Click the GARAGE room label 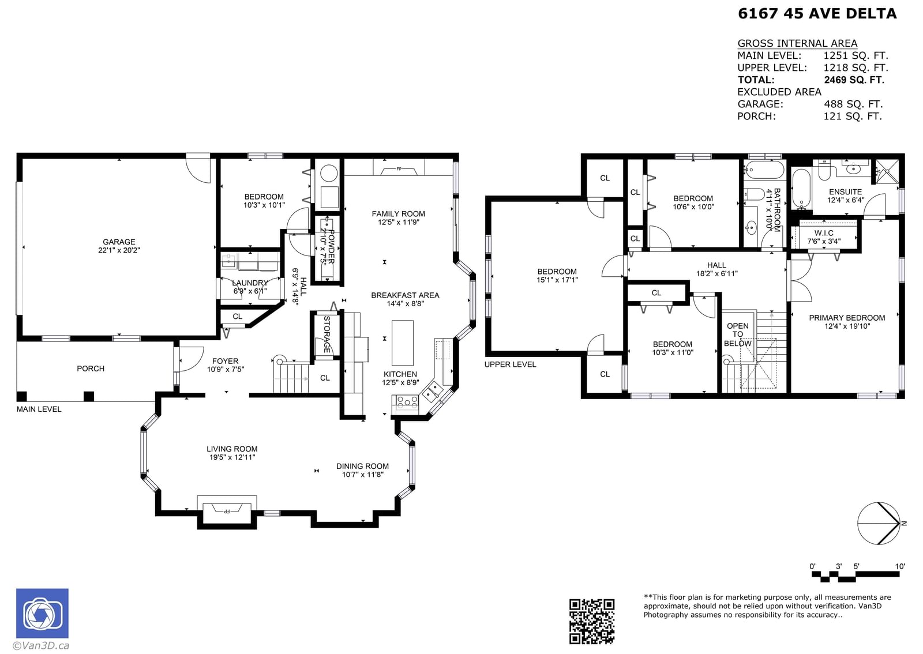119,242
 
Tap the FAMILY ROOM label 398,214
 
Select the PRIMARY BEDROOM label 847,318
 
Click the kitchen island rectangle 402,343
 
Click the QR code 592,621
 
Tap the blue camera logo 43,613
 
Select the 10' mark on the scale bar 900,566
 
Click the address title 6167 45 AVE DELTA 817,14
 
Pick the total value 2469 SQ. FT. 854,80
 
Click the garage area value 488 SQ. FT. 853,104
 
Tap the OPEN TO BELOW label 738,334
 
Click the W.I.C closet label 824,233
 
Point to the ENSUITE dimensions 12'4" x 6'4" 846,200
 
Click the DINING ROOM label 362,466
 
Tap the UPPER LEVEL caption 510,364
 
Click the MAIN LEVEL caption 39,409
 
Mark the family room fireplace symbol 399,168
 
